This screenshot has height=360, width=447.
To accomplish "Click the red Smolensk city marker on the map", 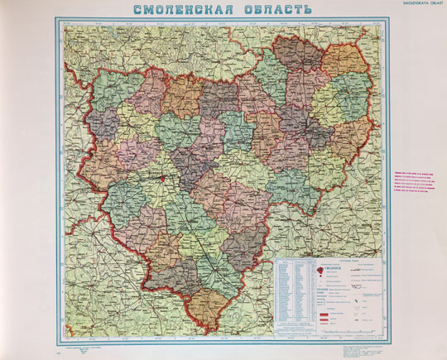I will [165, 175].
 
